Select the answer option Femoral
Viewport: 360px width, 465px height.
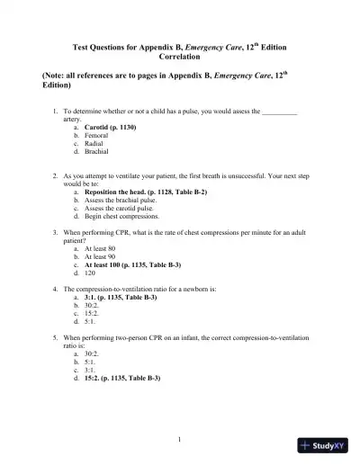[98, 134]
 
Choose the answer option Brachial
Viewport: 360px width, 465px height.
[98, 150]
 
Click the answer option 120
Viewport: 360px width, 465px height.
[90, 273]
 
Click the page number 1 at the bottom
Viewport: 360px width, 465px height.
[180, 438]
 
